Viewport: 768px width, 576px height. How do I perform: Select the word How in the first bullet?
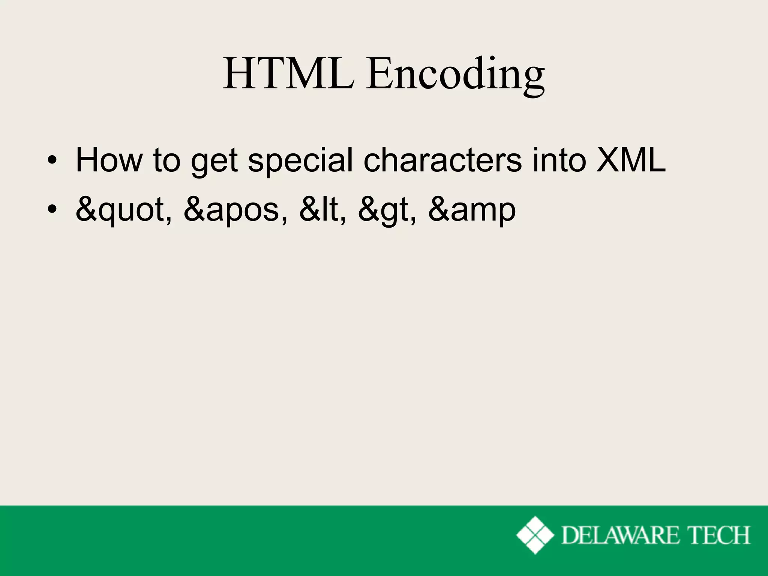point(109,160)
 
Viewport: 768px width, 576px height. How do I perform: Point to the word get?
point(214,162)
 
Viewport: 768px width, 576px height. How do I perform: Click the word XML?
point(631,160)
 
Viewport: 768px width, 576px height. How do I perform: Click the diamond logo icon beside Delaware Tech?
point(535,535)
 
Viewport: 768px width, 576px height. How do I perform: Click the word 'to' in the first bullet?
point(166,161)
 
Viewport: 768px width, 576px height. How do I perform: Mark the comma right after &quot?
point(170,219)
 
